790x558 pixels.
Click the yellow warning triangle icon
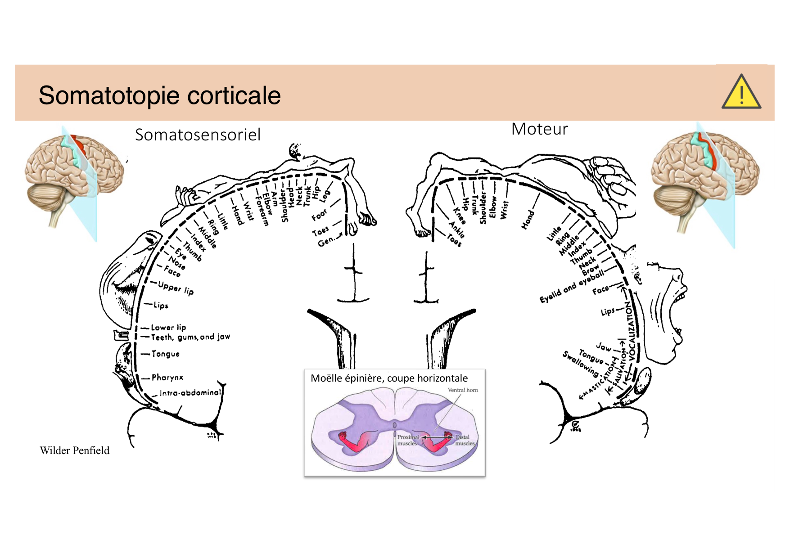pos(741,93)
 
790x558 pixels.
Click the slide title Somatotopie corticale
pos(160,95)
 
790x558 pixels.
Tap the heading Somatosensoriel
pos(198,135)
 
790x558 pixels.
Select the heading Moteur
pos(539,129)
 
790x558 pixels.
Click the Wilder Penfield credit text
pos(75,450)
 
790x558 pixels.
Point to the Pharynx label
pos(167,377)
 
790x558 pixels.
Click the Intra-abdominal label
pos(190,392)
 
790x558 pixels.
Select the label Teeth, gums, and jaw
pos(190,337)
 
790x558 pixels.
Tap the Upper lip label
pos(176,288)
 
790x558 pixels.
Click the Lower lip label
pos(168,327)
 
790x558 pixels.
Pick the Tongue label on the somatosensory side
pos(165,354)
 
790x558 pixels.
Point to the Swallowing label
pos(580,364)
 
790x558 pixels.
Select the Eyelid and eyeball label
pos(572,286)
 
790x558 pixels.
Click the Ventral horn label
pos(463,390)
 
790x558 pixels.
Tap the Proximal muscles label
pos(408,440)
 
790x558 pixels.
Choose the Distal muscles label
pos(464,440)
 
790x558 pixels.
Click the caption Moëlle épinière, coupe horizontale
pos(389,378)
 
